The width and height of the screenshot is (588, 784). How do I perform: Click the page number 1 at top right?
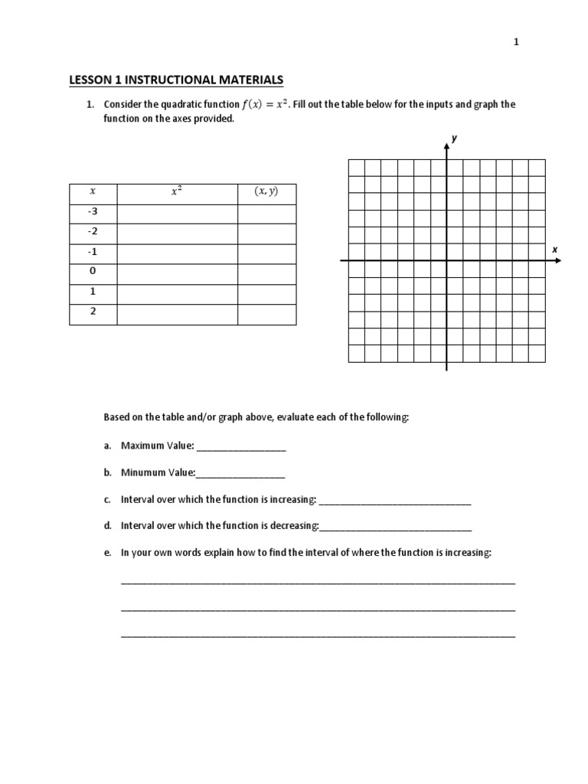point(516,44)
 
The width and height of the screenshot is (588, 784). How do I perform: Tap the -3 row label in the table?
point(93,213)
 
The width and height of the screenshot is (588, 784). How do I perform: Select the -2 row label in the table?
point(93,233)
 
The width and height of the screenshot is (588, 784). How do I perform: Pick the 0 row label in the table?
point(93,272)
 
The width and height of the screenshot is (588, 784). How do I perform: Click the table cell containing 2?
point(93,312)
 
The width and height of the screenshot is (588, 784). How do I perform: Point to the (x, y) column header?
point(266,193)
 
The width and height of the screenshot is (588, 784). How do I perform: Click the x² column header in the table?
point(177,193)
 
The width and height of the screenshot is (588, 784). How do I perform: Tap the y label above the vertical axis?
point(454,138)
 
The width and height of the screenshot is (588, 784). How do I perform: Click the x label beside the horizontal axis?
point(554,250)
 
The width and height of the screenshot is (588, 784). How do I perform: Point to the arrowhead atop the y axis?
point(446,146)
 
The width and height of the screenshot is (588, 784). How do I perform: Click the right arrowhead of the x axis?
point(558,261)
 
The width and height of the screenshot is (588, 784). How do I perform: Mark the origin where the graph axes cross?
point(446,261)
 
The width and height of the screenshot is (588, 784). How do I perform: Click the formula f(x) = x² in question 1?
point(269,104)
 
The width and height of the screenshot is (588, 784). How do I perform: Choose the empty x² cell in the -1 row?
point(177,253)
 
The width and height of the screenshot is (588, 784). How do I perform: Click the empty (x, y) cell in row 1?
point(266,292)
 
